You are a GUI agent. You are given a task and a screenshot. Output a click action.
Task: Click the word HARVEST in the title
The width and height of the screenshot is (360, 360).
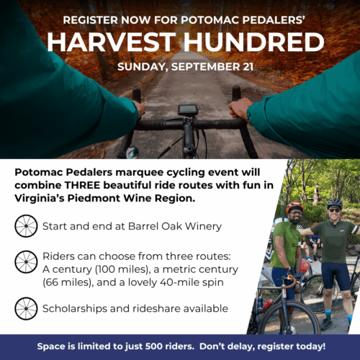[x=112, y=42]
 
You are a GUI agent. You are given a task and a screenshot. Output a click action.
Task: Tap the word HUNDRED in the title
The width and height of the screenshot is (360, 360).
[x=254, y=42]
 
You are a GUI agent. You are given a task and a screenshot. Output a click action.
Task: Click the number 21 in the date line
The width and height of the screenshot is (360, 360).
[x=248, y=67]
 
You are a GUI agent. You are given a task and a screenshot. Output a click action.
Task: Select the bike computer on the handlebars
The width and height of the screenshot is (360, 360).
[x=188, y=110]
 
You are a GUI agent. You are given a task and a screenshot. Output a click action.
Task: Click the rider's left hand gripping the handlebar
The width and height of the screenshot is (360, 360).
[x=139, y=109]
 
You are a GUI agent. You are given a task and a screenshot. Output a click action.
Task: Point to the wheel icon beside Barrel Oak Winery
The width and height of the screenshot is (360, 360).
[x=26, y=226]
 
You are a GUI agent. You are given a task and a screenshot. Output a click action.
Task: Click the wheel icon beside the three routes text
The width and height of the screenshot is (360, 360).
[x=26, y=262]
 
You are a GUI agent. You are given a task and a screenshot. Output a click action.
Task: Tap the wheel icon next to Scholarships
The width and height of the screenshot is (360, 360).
[x=26, y=308]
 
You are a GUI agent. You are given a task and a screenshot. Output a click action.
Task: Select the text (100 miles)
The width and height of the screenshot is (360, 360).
[x=123, y=269]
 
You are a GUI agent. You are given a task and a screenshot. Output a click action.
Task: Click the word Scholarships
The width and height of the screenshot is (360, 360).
[x=75, y=309]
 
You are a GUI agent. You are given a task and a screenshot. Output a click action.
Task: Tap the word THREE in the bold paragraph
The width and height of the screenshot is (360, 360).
[x=82, y=185]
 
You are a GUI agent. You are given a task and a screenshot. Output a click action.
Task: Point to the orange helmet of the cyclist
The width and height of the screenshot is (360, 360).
[x=294, y=207]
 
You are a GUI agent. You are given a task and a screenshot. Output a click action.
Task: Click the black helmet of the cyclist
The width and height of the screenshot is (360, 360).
[x=335, y=204]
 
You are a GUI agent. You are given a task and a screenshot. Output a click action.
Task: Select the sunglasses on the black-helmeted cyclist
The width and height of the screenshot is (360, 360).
[x=334, y=210]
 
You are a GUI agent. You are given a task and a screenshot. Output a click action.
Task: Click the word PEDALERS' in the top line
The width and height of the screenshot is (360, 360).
[x=274, y=20]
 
